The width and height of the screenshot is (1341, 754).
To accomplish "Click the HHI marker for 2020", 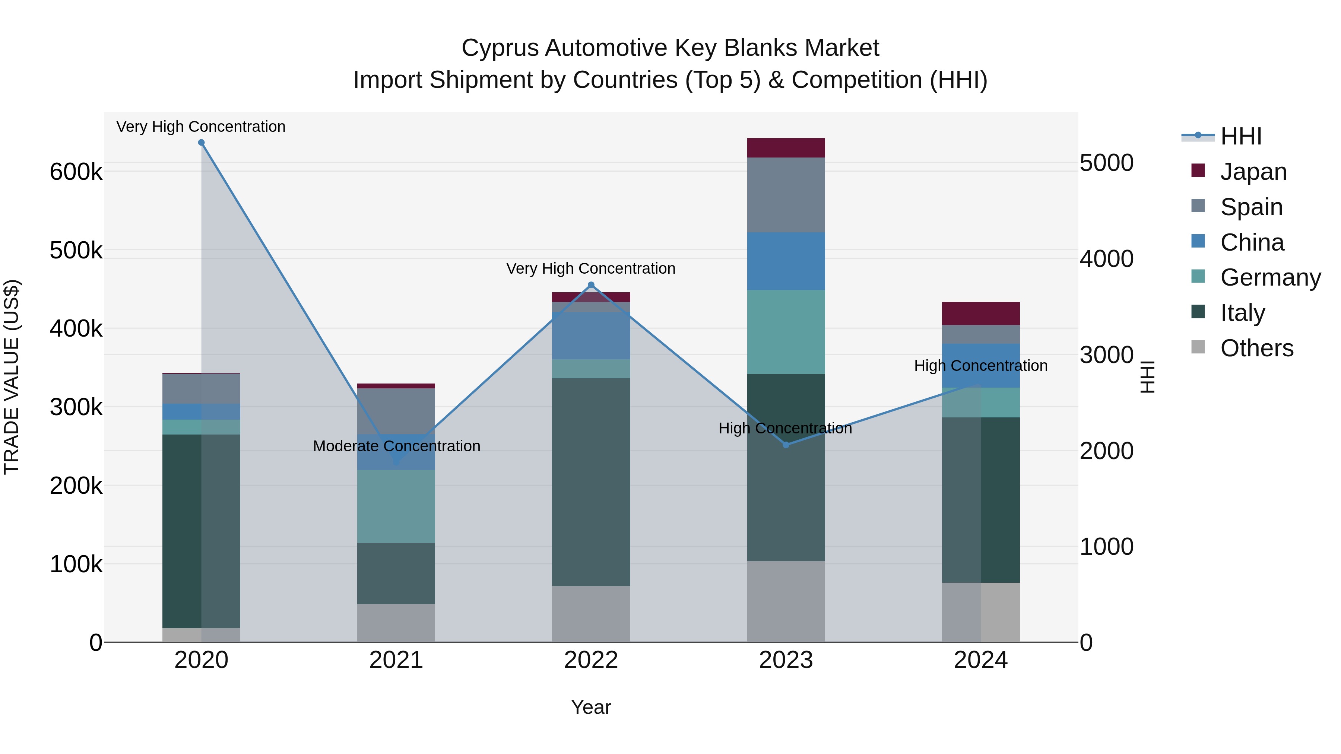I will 202,143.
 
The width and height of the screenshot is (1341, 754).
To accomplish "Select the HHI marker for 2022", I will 591,284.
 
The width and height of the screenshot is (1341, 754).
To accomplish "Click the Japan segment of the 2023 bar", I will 786,148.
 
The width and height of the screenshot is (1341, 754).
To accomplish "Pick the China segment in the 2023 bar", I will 786,261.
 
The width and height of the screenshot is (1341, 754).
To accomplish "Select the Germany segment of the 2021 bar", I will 396,506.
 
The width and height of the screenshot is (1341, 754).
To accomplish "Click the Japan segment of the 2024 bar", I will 981,313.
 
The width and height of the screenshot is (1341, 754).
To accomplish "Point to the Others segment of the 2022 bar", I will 591,614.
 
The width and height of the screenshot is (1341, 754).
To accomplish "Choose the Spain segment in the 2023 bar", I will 786,195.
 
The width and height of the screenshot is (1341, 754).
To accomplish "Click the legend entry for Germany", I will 1270,277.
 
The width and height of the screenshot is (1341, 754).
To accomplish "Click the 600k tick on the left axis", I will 76,172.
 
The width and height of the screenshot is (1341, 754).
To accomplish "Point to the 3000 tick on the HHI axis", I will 1106,356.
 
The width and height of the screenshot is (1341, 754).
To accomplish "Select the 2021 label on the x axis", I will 396,660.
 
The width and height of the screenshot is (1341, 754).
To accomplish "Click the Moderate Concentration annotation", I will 396,446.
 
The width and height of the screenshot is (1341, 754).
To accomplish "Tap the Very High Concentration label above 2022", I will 591,268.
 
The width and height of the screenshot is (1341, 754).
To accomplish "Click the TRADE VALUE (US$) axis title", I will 12,377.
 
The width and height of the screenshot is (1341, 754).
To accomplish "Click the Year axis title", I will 591,707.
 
